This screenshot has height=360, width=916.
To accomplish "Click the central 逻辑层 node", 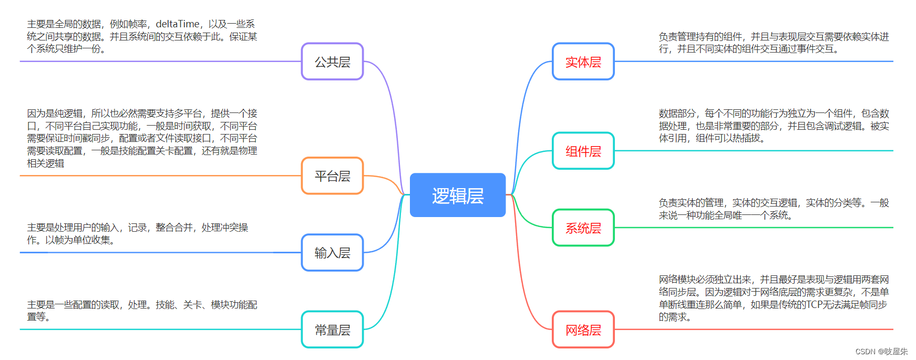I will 457,195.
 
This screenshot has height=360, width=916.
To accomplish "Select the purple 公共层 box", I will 332,62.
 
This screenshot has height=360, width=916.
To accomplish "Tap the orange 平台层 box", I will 332,176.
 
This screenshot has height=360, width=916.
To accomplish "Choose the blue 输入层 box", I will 332,253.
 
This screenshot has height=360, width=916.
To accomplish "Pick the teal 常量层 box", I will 332,330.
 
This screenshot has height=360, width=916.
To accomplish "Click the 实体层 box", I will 583,62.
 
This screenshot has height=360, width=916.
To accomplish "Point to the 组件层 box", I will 583,151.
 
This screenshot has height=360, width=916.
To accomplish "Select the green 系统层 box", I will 583,228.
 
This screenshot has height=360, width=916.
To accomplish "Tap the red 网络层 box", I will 583,330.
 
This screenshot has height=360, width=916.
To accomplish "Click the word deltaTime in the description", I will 178,24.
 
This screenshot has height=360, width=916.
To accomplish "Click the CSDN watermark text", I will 881,352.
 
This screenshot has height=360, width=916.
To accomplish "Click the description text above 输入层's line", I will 138,234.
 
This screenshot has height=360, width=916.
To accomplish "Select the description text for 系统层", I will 773,209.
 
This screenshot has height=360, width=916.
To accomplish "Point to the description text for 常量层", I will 142,311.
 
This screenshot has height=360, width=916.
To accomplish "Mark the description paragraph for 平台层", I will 142,138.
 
